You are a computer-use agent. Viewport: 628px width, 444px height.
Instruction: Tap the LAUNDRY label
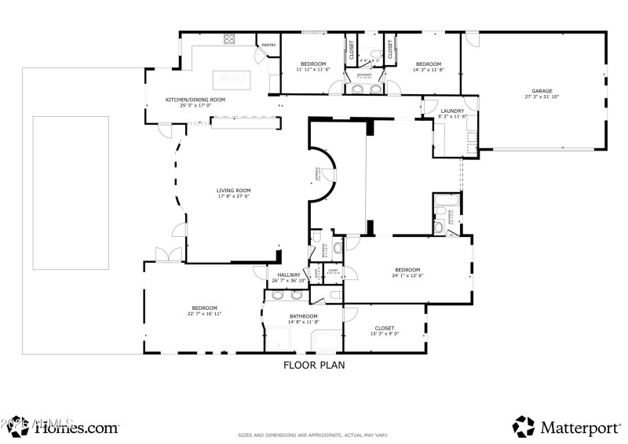coord(452,111)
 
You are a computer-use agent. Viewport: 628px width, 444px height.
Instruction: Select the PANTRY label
coord(268,45)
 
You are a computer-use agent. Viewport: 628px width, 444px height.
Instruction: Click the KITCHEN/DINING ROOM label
coord(195,100)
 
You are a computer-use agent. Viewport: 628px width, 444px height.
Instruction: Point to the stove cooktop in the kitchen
coord(230,39)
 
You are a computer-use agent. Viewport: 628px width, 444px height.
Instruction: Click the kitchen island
coord(232,78)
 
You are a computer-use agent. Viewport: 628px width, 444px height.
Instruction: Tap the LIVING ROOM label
coord(234,190)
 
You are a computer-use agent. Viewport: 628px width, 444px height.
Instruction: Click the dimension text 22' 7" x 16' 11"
coord(204,314)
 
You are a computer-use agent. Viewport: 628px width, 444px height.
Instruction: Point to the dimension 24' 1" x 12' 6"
coord(407,275)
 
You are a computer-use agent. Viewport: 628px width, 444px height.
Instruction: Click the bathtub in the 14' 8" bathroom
coord(327,342)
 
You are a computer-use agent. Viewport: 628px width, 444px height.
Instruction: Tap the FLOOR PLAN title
coord(314,365)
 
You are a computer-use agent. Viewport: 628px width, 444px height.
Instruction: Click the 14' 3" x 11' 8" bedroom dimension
coord(428,70)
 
